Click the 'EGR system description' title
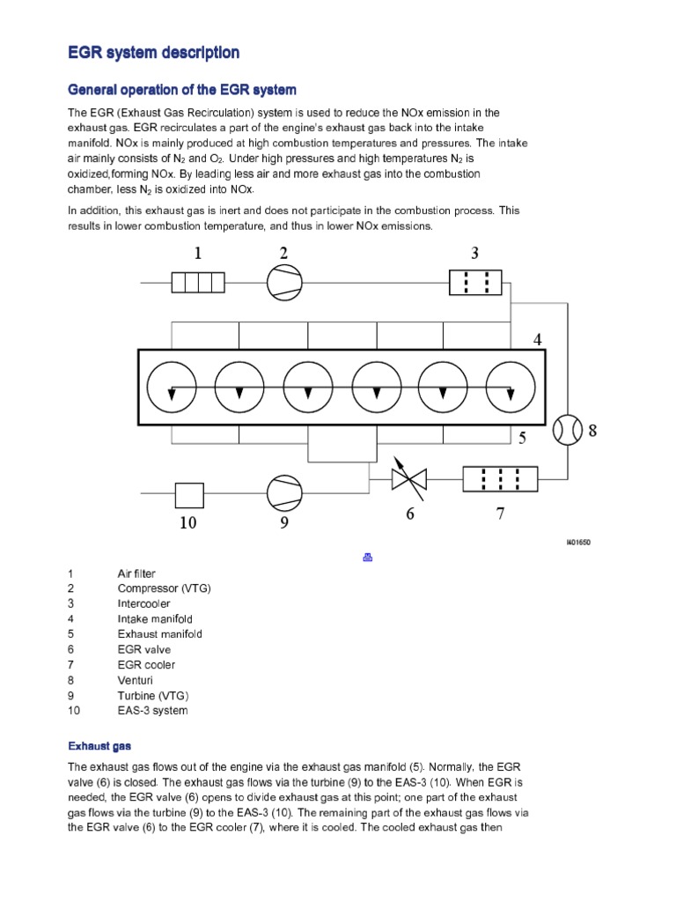(153, 53)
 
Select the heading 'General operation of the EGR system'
(182, 90)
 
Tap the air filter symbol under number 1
(198, 283)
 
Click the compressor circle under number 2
(283, 283)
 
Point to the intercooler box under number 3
(474, 283)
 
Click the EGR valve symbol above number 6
(408, 478)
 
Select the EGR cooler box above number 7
(500, 478)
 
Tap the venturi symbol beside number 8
(569, 430)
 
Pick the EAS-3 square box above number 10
(189, 495)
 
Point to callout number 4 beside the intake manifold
(537, 339)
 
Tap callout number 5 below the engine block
(522, 437)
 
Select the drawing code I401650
(577, 543)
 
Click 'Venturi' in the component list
(136, 680)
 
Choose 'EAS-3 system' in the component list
(152, 710)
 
